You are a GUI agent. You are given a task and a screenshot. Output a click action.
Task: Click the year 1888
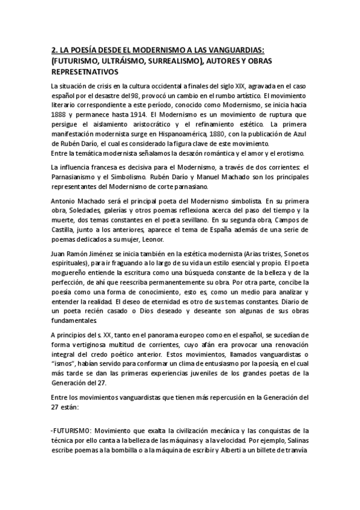(x=61, y=114)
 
